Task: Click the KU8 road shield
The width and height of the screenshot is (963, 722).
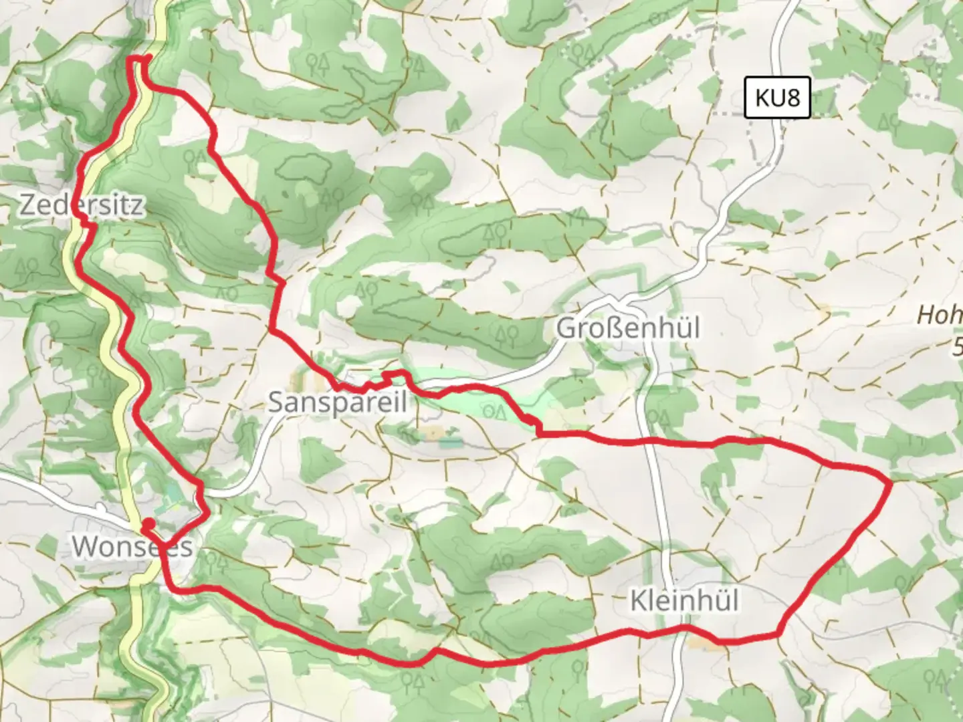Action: point(777,98)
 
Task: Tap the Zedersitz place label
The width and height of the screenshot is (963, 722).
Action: point(80,205)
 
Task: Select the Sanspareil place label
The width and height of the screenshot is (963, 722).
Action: point(338,402)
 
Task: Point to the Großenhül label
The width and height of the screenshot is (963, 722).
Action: point(628,328)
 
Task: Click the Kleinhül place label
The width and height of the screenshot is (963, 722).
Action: point(685,600)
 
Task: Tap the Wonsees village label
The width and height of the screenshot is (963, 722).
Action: point(132,546)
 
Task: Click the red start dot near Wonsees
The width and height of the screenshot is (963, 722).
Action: point(149,523)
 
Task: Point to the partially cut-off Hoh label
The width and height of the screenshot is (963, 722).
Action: point(939,315)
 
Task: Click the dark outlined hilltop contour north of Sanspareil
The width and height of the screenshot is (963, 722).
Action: point(305,167)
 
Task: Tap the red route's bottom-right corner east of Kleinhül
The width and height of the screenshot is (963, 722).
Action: point(778,632)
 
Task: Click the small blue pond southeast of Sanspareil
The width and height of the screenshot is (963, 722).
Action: point(450,442)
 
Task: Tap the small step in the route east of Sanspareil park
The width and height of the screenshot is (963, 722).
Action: point(532,421)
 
